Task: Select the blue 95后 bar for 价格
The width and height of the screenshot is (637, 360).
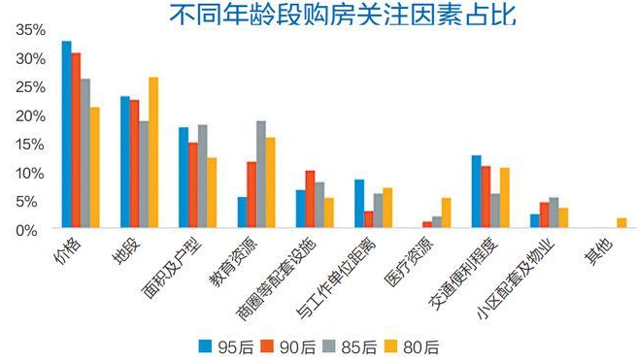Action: point(66,135)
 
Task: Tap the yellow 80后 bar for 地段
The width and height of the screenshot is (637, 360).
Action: point(152,152)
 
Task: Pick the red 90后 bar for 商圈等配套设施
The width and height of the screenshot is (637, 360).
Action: point(310,199)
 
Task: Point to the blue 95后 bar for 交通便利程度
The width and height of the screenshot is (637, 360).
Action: point(476,192)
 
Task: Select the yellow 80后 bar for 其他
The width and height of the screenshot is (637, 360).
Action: point(621,223)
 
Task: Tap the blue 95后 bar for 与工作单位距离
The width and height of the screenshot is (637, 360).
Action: point(359,204)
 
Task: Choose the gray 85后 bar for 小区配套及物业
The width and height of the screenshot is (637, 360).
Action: point(553,213)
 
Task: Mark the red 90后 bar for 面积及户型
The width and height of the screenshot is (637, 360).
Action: point(193,185)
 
